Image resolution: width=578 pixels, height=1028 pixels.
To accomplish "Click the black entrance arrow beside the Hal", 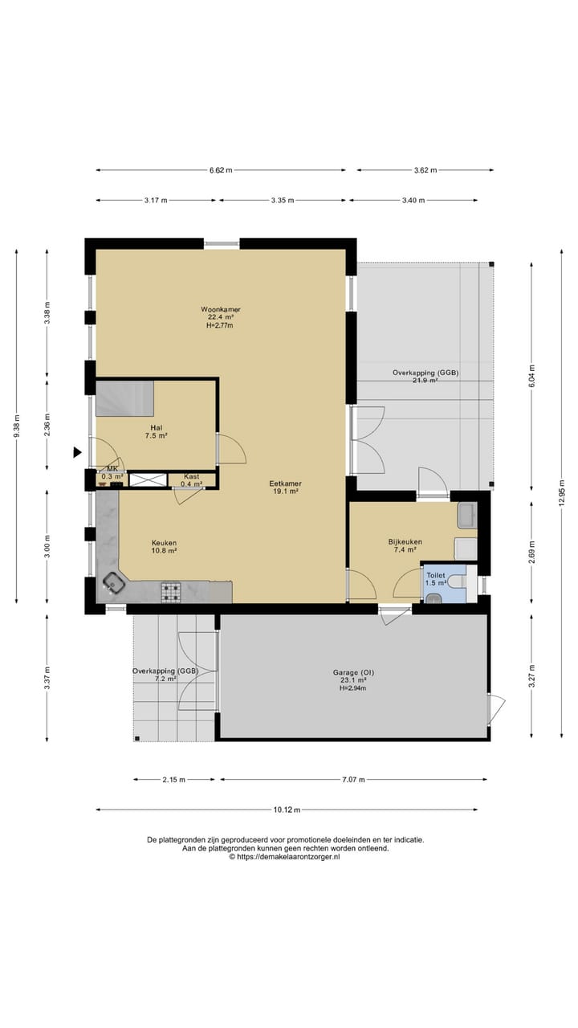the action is pos(78,452).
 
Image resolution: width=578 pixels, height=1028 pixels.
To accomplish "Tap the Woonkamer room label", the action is pos(221,309).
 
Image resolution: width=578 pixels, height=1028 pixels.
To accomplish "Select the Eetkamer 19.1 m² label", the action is pos(285,487).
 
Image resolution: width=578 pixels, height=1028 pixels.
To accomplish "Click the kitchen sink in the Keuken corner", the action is pos(112,584).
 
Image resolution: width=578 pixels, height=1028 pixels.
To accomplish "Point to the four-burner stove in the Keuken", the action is pos(171,592).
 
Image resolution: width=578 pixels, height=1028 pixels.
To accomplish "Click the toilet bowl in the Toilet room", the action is pos(458,581).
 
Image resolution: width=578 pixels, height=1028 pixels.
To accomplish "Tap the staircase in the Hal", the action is pos(124,398).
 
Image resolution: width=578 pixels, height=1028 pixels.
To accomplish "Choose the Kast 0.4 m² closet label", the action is pos(191,480).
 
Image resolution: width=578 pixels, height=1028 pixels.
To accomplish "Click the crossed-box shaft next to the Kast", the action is pos(148,480).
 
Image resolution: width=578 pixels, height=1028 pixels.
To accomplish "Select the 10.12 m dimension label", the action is pos(287,810).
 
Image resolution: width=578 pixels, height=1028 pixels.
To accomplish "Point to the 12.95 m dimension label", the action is pos(561,493).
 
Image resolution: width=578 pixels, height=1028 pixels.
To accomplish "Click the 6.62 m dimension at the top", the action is pos(221,169).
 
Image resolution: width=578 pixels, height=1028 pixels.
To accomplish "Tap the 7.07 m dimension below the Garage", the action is pos(353,779).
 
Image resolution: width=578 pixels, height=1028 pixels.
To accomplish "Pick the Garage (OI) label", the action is pos(350,673).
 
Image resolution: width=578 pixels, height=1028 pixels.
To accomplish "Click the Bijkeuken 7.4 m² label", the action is pos(405,545).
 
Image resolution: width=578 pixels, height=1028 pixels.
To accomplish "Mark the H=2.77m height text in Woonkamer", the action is pos(220,325).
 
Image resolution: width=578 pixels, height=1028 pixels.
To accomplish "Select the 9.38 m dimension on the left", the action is pos(17,426).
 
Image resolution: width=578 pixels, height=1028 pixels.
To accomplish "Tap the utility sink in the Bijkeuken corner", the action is pos(467,515).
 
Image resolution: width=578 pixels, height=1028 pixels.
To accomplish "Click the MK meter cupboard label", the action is pos(112,468).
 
